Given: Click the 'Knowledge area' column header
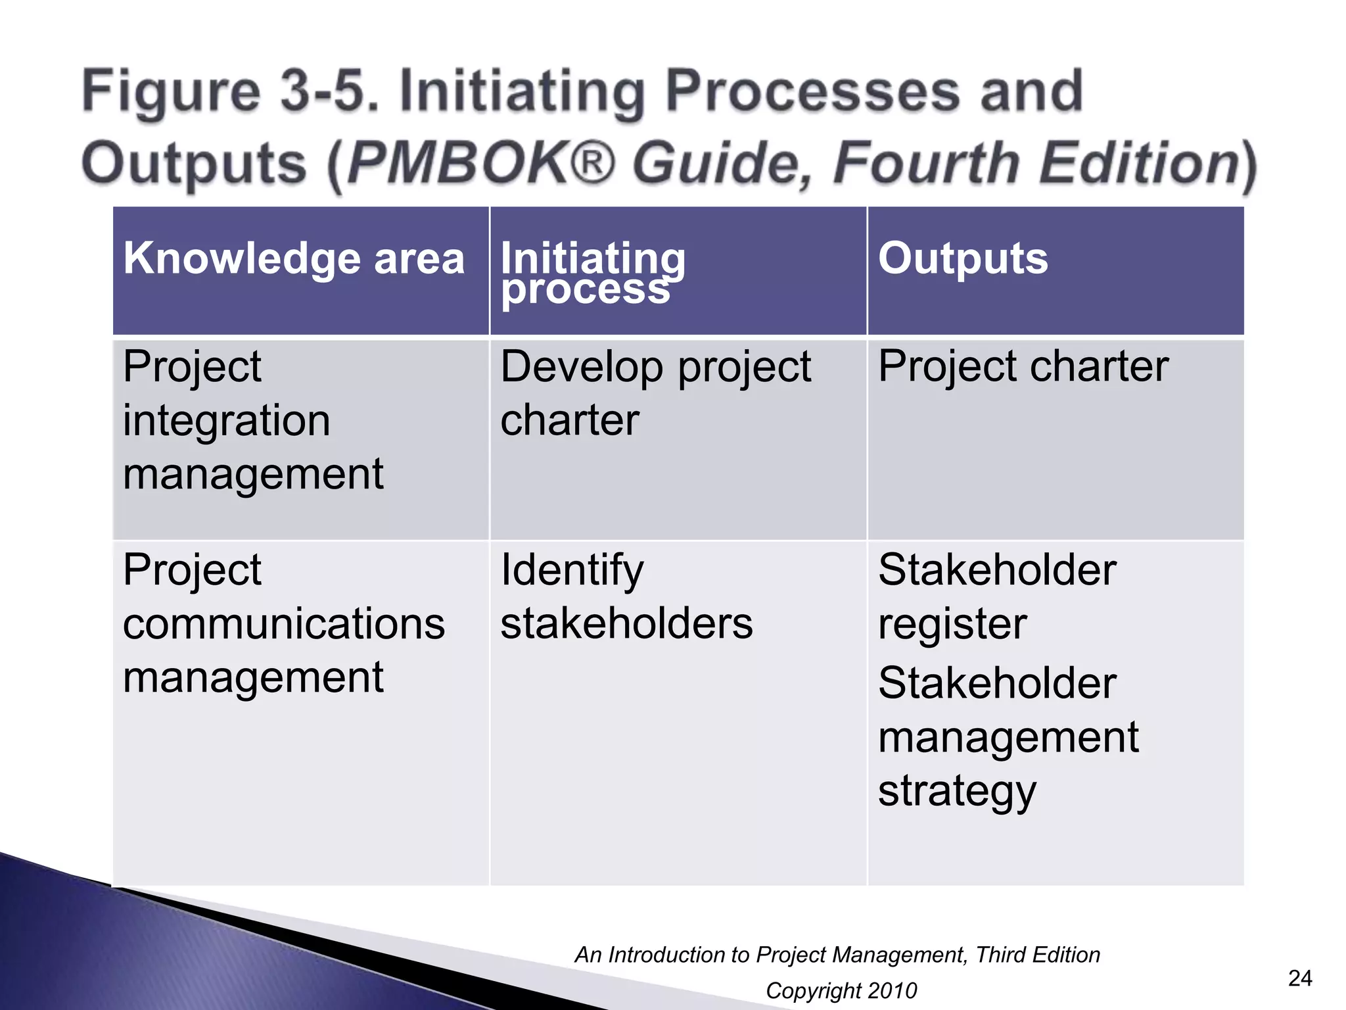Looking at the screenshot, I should tap(293, 258).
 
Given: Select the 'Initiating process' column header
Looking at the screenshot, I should tap(592, 273).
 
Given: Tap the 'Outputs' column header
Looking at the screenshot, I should tap(962, 258).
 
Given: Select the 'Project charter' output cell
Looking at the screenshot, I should tap(1023, 366).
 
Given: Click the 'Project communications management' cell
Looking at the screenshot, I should tap(283, 623).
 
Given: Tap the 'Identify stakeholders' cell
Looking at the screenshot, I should tap(626, 596).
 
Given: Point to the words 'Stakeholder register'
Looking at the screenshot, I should tap(996, 596).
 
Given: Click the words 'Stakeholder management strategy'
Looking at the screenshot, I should tap(1008, 736).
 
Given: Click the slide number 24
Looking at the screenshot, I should tap(1300, 978).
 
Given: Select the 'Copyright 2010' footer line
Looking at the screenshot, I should tap(841, 990).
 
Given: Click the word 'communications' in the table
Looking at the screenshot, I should tap(283, 623).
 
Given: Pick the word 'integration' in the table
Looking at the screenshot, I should tap(226, 421).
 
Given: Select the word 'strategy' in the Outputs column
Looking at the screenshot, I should tap(956, 791).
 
